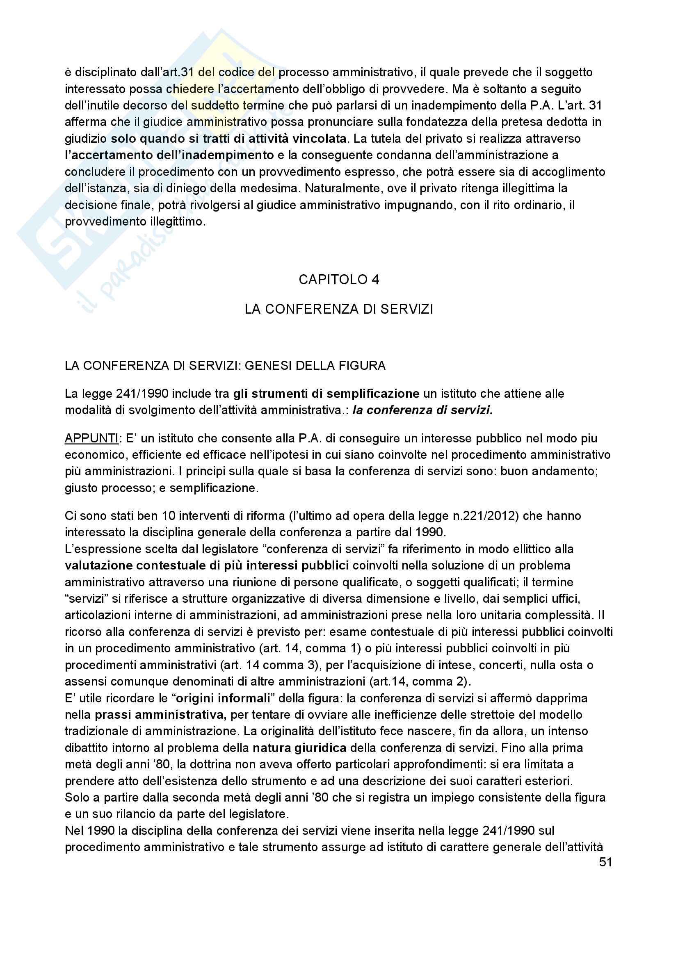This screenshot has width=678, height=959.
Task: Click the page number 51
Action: tap(605, 862)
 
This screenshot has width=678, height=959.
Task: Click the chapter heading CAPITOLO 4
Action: tap(339, 280)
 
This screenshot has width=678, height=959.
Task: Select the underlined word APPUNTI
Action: tap(91, 438)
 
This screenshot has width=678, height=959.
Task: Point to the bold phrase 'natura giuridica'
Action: tap(299, 748)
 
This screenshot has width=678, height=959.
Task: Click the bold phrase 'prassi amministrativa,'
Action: tap(160, 715)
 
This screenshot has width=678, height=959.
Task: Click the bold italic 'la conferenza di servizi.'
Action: tap(423, 410)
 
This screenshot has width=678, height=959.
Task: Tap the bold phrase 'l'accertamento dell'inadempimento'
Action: tap(169, 155)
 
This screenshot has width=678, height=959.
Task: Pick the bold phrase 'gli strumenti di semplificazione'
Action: tap(326, 394)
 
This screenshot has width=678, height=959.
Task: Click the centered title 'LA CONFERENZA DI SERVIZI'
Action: tap(339, 309)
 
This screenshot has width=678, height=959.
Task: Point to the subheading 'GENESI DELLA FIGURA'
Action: tap(315, 365)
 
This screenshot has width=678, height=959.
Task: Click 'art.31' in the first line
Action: tap(178, 72)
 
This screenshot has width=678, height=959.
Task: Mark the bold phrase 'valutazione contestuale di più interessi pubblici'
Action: tap(207, 565)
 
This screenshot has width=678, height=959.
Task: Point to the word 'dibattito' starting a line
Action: tap(89, 748)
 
